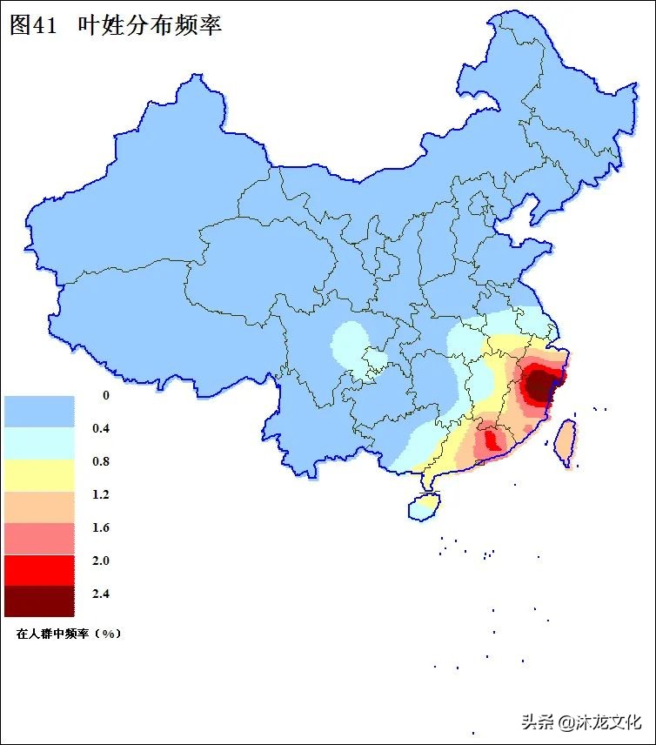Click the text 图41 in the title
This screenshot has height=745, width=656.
(32, 24)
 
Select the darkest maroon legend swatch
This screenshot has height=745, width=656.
(39, 601)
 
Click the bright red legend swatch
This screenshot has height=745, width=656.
(39, 569)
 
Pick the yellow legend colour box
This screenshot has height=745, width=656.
(39, 474)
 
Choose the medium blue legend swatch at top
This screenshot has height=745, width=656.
(39, 411)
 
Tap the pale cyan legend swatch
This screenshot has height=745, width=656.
(39, 443)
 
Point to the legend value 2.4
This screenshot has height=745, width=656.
(101, 594)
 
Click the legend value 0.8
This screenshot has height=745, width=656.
(101, 461)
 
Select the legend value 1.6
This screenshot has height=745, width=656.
(101, 527)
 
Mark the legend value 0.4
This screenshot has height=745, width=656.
(101, 428)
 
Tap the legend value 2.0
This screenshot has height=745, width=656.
(101, 560)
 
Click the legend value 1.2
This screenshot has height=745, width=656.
(101, 494)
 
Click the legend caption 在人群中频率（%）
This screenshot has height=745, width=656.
(68, 634)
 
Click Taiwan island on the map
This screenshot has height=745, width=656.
(566, 440)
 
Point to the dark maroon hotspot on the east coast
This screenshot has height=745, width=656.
(541, 385)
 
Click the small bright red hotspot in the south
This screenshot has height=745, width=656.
(492, 440)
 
